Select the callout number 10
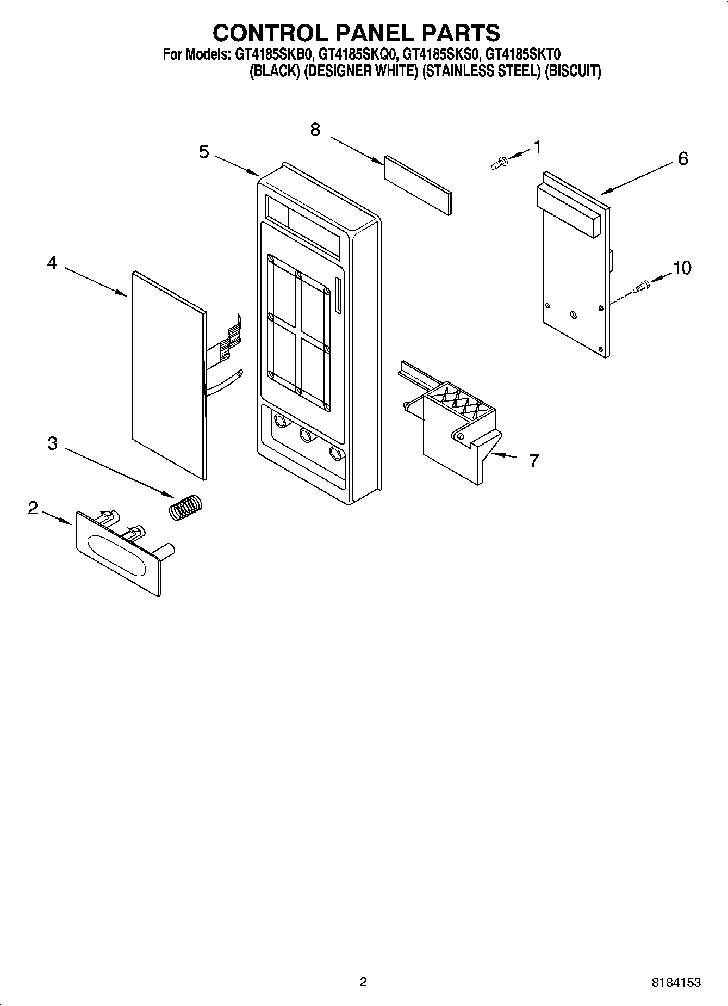(x=682, y=268)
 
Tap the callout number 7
(x=534, y=461)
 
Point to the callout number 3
(x=52, y=443)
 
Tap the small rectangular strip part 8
(x=418, y=184)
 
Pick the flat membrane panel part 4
(x=167, y=375)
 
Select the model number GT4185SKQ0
(x=358, y=54)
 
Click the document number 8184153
(x=676, y=983)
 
